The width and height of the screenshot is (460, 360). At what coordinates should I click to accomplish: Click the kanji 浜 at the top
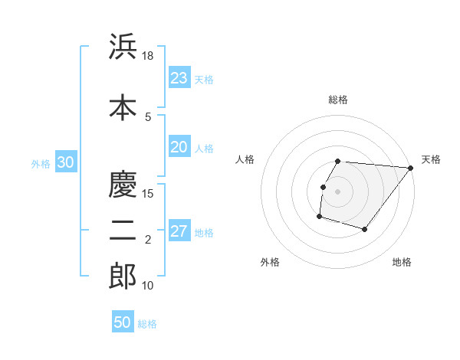(x=123, y=47)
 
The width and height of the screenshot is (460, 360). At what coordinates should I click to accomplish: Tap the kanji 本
(x=123, y=106)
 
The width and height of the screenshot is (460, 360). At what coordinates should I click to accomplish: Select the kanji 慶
(x=123, y=184)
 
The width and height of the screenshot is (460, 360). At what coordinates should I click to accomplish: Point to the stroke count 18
(x=148, y=56)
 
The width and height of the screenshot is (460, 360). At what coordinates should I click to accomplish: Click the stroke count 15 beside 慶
(x=148, y=193)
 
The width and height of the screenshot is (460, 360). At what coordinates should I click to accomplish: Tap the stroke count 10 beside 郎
(x=148, y=286)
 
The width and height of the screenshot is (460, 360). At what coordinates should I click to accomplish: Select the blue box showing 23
(x=179, y=78)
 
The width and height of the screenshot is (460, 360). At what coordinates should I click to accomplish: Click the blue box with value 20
(x=179, y=148)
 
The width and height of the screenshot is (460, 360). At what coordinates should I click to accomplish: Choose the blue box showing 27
(x=179, y=232)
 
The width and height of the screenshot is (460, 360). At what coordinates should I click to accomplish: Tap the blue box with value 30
(x=65, y=162)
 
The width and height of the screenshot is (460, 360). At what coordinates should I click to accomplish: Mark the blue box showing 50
(x=122, y=322)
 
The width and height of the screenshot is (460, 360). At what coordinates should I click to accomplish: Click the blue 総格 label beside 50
(x=147, y=324)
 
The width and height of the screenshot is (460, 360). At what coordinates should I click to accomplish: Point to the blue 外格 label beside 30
(x=41, y=164)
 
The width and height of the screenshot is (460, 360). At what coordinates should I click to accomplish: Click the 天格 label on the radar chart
(x=431, y=159)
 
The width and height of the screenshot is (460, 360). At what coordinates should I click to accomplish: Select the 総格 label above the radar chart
(x=337, y=100)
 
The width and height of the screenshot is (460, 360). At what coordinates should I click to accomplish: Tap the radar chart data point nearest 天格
(x=411, y=169)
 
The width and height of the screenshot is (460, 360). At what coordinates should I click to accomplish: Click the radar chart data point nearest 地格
(x=365, y=229)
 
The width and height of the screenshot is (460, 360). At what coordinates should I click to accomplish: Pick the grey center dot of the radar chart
(x=337, y=191)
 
